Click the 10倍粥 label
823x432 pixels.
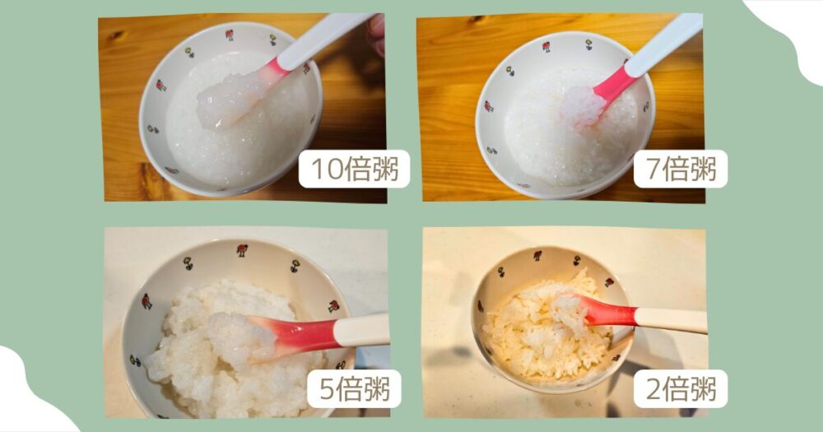pyautogui.click(x=354, y=170)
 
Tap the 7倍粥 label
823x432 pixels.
pyautogui.click(x=680, y=170)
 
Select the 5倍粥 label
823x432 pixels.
pyautogui.click(x=354, y=389)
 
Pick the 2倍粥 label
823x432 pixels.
pyautogui.click(x=680, y=389)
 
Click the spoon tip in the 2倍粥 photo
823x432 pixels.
pyautogui.click(x=569, y=310)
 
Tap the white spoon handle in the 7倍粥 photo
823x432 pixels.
pyautogui.click(x=665, y=44)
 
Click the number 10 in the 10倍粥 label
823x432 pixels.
pyautogui.click(x=323, y=170)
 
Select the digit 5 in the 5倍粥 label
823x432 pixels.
pyautogui.click(x=328, y=389)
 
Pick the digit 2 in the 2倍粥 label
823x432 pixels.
pyautogui.click(x=655, y=389)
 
